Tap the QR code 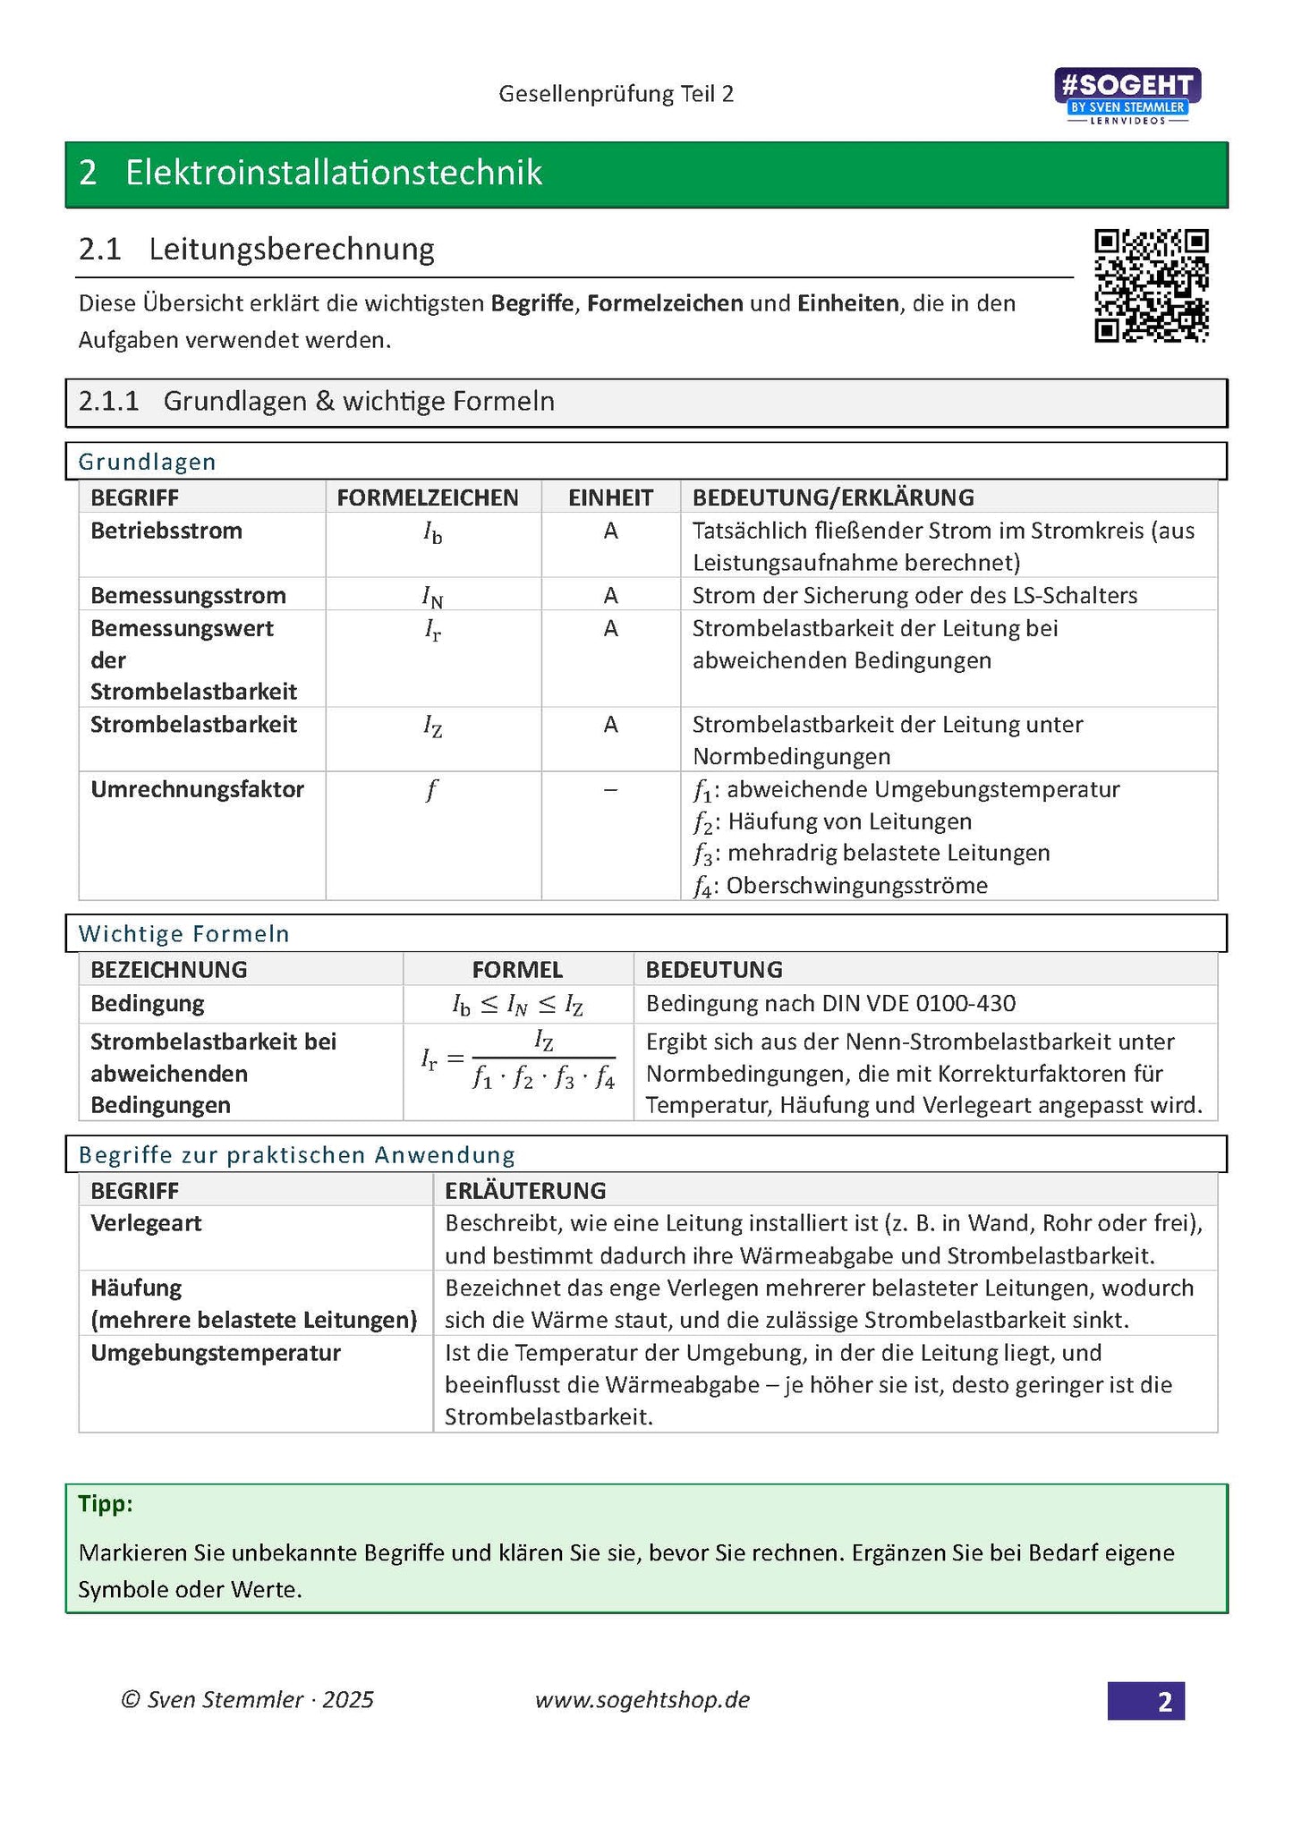click(x=1151, y=285)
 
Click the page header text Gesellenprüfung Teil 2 click(x=616, y=94)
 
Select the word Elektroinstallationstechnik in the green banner click(x=333, y=173)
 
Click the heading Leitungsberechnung click(x=291, y=249)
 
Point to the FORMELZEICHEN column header click(x=427, y=497)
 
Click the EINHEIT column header click(x=610, y=497)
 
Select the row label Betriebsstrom click(x=166, y=531)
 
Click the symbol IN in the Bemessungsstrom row click(x=432, y=597)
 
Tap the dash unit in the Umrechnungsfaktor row click(x=610, y=790)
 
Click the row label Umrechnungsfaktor click(x=197, y=789)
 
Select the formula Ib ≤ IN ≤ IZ click(x=517, y=1005)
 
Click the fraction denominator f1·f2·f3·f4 click(x=544, y=1079)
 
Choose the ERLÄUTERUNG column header click(x=525, y=1190)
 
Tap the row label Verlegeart click(x=146, y=1223)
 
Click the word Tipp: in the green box click(x=105, y=1503)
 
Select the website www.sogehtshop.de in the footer click(x=642, y=1700)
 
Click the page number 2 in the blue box click(x=1163, y=1701)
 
